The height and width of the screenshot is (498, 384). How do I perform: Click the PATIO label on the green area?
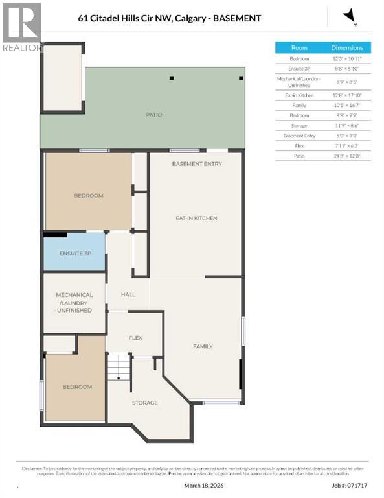(153, 115)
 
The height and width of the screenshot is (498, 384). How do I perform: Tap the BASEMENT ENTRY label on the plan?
(196, 164)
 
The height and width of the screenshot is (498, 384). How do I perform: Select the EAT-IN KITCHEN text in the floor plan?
(196, 218)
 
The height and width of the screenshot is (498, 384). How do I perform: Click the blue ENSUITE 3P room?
(74, 253)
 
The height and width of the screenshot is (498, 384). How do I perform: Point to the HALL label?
(128, 294)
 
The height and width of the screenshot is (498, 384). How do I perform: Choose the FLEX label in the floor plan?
(135, 337)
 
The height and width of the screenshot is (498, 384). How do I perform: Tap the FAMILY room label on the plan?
(203, 346)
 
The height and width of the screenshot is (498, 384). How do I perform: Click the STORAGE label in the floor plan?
(144, 403)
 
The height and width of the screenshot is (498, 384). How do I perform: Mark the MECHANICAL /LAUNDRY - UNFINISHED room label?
(74, 302)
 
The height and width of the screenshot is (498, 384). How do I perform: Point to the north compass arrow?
(350, 16)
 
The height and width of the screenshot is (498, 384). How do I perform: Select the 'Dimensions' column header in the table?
(347, 47)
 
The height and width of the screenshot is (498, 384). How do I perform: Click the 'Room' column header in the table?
(299, 47)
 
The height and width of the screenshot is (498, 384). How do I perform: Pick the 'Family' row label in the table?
(299, 104)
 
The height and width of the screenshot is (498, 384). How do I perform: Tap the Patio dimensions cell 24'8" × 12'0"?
(347, 156)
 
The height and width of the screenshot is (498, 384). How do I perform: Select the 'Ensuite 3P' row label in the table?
(299, 68)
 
